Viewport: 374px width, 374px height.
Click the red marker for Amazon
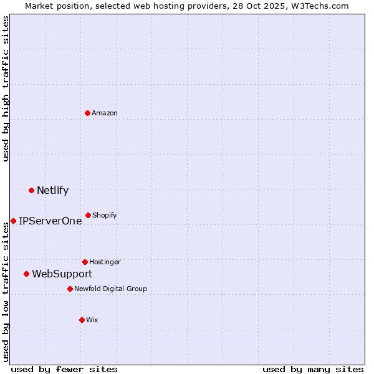coord(88,113)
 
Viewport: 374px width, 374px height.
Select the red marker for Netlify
coord(31,190)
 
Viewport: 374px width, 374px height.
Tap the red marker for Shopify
coord(88,215)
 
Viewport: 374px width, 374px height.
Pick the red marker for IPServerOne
coord(13,221)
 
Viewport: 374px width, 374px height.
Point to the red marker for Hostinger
coord(85,262)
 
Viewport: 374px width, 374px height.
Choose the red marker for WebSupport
coord(26,274)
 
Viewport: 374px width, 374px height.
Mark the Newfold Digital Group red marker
coord(70,289)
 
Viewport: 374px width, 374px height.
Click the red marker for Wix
coord(82,320)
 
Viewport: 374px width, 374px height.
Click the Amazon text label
coord(105,113)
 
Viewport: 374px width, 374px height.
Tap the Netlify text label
coord(52,190)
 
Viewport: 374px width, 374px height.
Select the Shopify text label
coord(105,215)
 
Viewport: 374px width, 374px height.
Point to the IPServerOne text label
coord(50,221)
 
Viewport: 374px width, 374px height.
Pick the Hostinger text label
coord(105,262)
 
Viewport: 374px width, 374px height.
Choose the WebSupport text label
coord(62,274)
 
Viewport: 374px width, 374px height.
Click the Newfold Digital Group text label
coord(110,289)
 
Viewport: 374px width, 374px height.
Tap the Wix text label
coord(92,320)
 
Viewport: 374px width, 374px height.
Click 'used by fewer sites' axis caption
coord(64,369)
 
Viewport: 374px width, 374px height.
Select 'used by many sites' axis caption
coord(313,369)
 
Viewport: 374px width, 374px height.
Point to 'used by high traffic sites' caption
coord(6,89)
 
